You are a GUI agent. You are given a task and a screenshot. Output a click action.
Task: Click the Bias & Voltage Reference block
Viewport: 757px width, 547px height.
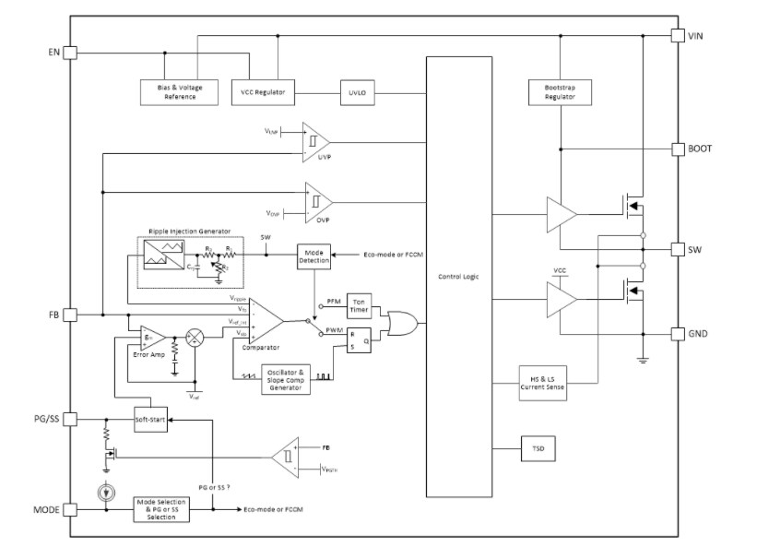[180, 92]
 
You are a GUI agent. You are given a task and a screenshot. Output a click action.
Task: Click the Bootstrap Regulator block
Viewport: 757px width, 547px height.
[560, 92]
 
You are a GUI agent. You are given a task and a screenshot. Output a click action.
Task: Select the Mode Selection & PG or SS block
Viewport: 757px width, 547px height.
[162, 509]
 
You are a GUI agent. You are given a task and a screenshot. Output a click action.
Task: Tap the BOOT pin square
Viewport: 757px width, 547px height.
[677, 149]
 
